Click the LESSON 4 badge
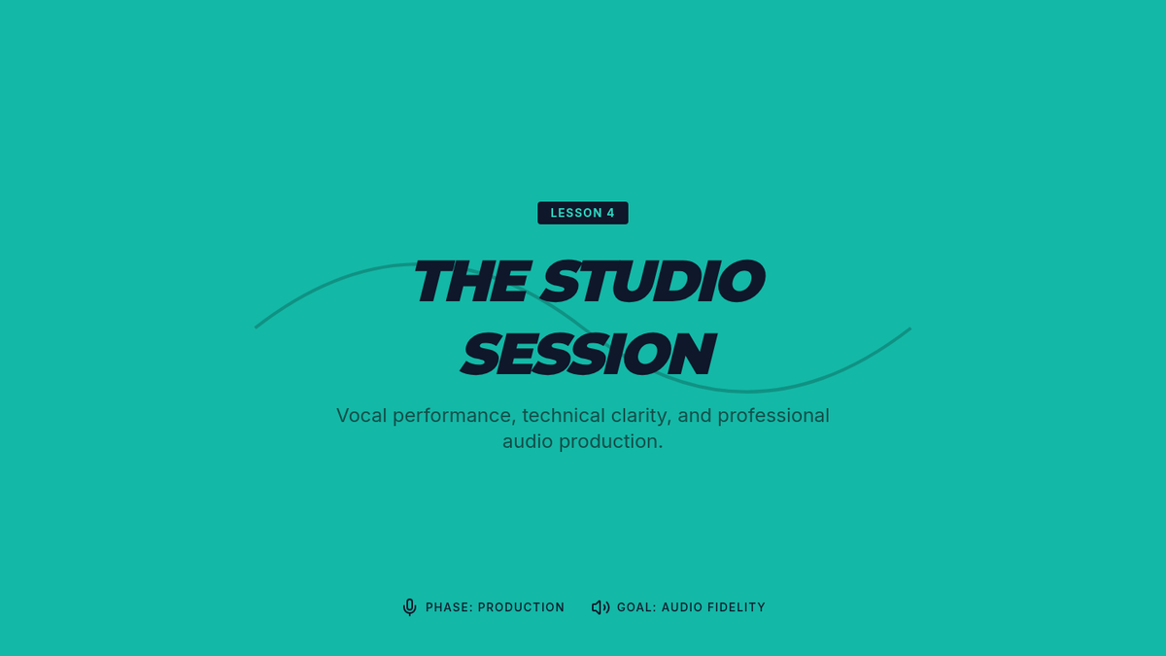coord(582,213)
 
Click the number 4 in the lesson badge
coord(610,213)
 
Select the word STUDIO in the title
coord(653,281)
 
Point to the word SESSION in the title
coord(588,354)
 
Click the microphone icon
coord(410,607)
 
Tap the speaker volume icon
coord(600,607)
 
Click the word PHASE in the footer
coord(449,607)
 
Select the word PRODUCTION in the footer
coord(521,607)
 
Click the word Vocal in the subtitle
coord(361,416)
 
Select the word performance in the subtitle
coord(455,417)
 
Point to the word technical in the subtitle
coord(564,416)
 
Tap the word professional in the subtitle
coord(773,417)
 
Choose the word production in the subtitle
coord(611,442)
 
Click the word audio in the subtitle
coord(528,441)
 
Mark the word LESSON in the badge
coord(576,213)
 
